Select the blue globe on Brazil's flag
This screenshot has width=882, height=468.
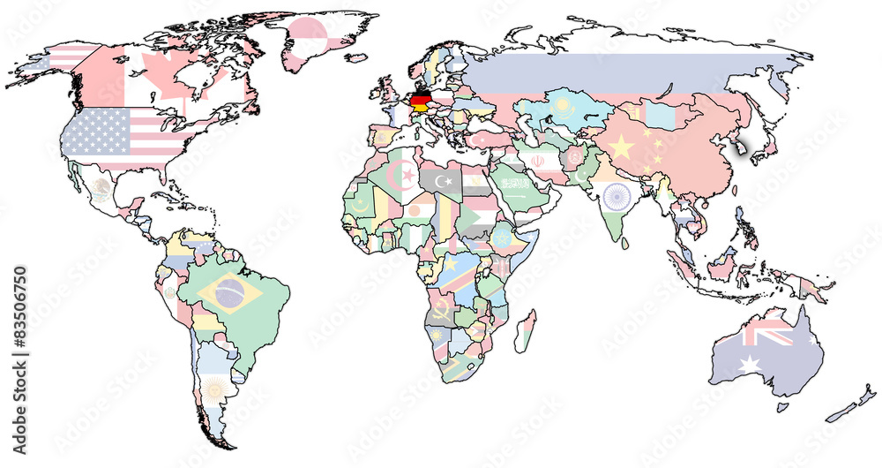pyautogui.click(x=231, y=294)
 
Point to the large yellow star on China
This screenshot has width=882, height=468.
pyautogui.click(x=622, y=147)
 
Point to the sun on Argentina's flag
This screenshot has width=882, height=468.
pyautogui.click(x=213, y=388)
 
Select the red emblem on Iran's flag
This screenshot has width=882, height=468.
pyautogui.click(x=538, y=162)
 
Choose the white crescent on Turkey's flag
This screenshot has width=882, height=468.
pyautogui.click(x=482, y=140)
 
